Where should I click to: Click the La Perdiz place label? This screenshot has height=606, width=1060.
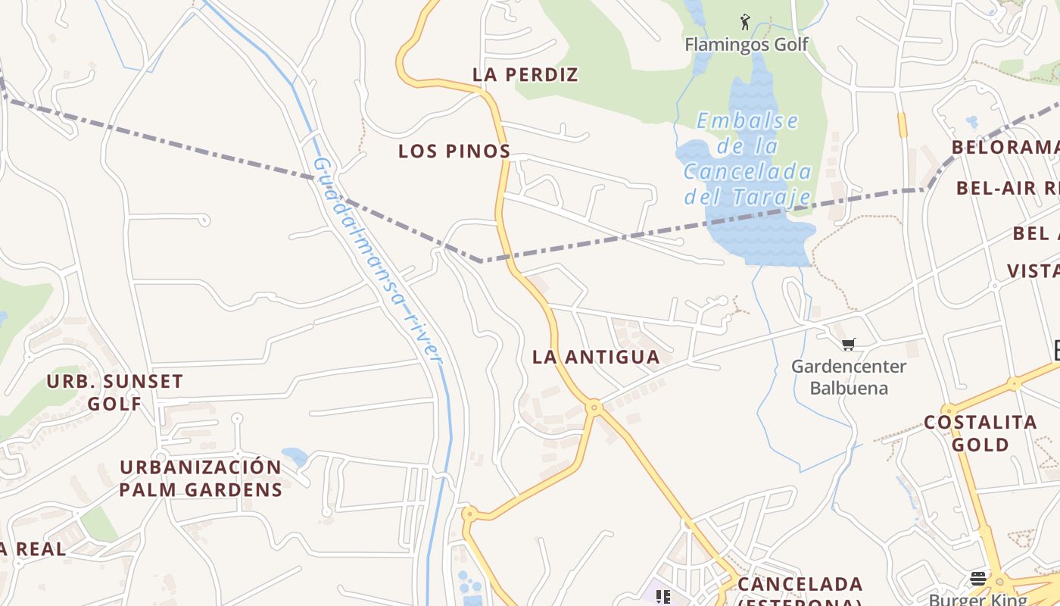pos(525,74)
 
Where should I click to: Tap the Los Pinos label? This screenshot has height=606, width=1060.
pos(454,151)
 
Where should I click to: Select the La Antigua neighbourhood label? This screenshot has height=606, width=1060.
pos(596,357)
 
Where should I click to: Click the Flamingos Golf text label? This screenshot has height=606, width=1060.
pos(747,45)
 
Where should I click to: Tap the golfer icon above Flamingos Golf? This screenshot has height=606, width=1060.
pos(745,22)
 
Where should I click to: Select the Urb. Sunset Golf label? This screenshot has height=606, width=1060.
pos(114,392)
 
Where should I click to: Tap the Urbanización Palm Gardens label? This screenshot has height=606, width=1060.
pos(201,478)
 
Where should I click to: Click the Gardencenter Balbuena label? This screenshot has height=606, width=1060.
pos(848,377)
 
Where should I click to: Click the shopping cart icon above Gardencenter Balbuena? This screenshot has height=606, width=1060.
pos(848,345)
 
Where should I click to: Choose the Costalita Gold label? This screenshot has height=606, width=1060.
pos(980,433)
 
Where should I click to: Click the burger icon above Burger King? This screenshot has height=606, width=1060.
pos(977,579)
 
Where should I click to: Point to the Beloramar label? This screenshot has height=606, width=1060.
pos(1005,147)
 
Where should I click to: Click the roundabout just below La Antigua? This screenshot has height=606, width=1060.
pos(594,407)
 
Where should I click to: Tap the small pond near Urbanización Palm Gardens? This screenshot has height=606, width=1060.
pos(295,456)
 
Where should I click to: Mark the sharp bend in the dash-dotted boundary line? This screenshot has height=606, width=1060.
pos(482,261)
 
